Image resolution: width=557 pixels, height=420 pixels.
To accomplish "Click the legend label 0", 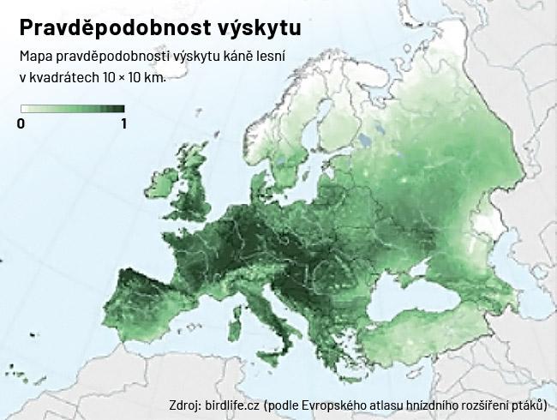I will click(x=21, y=123).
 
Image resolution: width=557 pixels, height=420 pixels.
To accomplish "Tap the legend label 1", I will click(x=123, y=123).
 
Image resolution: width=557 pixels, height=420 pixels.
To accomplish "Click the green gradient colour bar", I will click(x=73, y=109).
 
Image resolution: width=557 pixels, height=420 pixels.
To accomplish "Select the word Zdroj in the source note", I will click(x=186, y=405).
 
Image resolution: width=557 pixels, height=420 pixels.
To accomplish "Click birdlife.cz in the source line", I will click(x=232, y=405).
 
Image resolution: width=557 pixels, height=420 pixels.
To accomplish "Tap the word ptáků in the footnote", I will click(x=525, y=405).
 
